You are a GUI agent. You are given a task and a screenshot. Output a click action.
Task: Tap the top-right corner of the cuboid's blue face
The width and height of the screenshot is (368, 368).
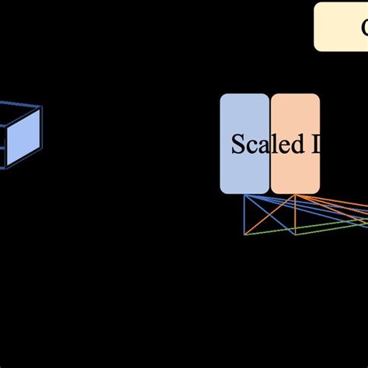40,108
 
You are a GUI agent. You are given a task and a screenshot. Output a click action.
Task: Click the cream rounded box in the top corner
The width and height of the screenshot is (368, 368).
342,27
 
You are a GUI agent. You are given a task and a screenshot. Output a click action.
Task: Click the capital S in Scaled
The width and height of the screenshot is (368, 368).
238,144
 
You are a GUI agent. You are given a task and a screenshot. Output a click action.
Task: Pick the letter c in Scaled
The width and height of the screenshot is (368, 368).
248,146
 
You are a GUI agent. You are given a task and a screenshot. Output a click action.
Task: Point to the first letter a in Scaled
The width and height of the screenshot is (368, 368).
257,146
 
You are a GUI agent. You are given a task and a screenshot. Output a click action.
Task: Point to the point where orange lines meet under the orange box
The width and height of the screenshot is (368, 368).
295,195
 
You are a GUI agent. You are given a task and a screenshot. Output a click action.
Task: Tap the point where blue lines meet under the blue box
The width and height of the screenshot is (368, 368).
245,195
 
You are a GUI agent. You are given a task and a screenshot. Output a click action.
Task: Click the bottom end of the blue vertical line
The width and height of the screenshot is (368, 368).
245,234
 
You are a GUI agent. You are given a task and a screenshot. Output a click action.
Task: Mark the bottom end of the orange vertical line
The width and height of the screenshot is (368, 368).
295,234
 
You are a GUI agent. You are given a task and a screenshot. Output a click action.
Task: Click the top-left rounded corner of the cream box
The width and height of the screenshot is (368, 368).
317,6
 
